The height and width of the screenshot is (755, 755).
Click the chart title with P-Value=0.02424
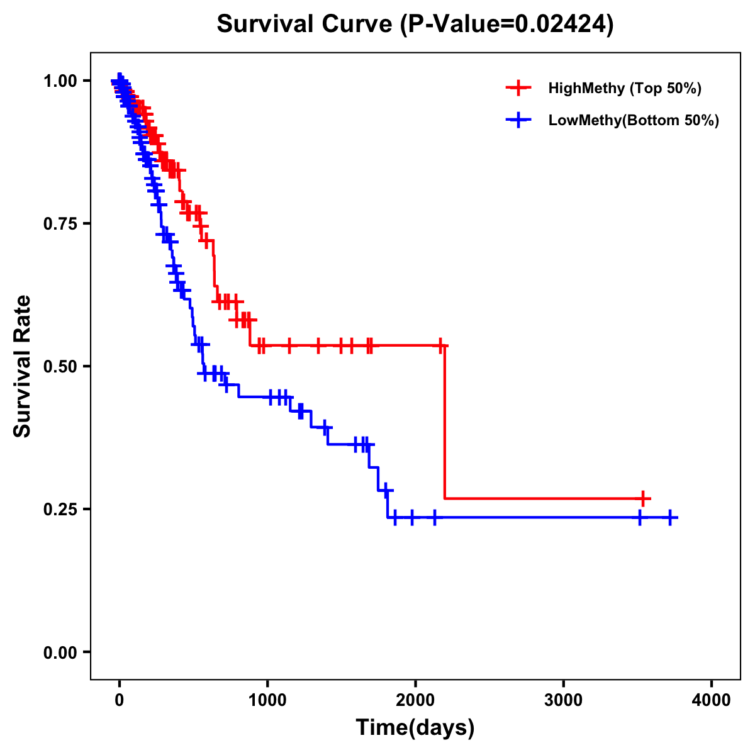point(415,25)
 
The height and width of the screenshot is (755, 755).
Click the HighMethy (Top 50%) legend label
point(625,88)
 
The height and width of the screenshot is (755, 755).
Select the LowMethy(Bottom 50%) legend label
point(634,120)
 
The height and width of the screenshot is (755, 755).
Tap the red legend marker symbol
point(518,88)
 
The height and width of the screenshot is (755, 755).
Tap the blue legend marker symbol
point(518,120)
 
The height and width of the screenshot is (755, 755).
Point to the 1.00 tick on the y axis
point(60,81)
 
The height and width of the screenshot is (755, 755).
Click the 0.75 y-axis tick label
point(60,223)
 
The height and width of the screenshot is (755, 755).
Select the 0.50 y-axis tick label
point(60,366)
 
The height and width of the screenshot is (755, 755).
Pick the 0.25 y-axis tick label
point(60,509)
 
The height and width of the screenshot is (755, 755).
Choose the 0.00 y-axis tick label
point(60,652)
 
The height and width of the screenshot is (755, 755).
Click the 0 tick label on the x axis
point(120,700)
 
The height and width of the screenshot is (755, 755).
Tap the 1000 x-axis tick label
point(267,700)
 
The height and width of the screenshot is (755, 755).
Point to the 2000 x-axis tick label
point(415,700)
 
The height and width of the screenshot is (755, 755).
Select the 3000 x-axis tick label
point(563,700)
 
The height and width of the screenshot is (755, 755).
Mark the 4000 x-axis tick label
point(711,700)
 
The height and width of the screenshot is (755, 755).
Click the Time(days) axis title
point(415,728)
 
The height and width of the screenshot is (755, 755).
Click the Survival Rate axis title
point(23,366)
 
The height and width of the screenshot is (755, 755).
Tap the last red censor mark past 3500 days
point(642,498)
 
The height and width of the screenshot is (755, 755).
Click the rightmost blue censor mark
point(670,517)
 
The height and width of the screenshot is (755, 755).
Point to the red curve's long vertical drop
point(445,422)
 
